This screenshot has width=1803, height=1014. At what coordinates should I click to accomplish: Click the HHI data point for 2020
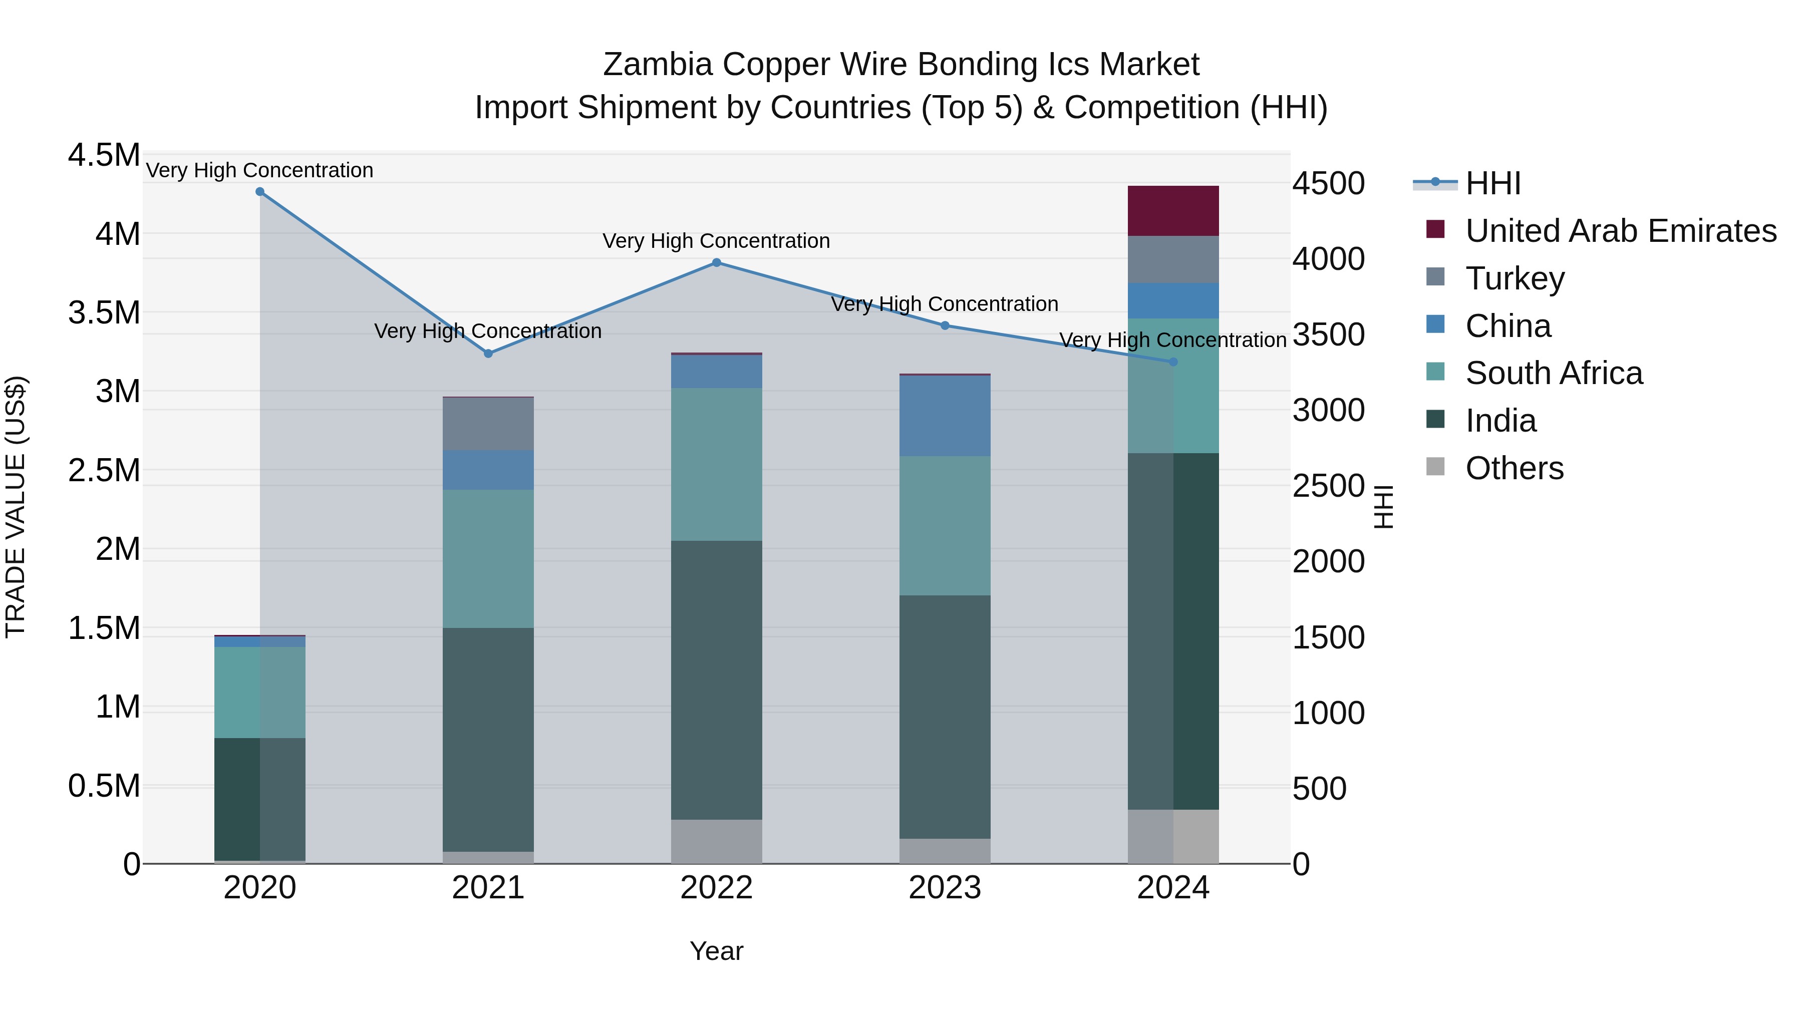click(x=259, y=192)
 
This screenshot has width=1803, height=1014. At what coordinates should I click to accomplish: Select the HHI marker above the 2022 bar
click(x=716, y=263)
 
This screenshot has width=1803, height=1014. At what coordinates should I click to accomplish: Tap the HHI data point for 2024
click(x=1173, y=362)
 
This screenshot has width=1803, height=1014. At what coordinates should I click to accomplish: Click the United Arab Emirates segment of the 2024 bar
click(x=1173, y=211)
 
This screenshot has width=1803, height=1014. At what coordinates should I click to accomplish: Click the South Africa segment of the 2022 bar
click(x=716, y=464)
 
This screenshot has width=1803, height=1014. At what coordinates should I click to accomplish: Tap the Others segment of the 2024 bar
click(x=1173, y=836)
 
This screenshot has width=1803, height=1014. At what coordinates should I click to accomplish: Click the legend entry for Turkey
click(x=1514, y=278)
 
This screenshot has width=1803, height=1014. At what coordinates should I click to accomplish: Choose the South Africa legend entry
click(x=1553, y=373)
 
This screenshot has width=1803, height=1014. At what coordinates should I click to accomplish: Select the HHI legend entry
click(x=1492, y=183)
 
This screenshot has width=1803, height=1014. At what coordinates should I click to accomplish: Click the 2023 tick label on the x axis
click(x=945, y=888)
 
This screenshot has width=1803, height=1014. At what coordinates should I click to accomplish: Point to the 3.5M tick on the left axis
click(x=104, y=313)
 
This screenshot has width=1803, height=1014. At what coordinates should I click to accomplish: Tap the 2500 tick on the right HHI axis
click(x=1328, y=486)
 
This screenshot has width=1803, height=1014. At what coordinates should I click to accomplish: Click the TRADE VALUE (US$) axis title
click(x=16, y=507)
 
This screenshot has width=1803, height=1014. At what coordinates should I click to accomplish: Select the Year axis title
click(x=716, y=951)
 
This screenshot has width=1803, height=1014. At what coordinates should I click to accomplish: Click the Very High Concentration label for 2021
click(x=488, y=331)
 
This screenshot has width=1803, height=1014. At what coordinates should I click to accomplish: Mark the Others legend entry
click(x=1514, y=468)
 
